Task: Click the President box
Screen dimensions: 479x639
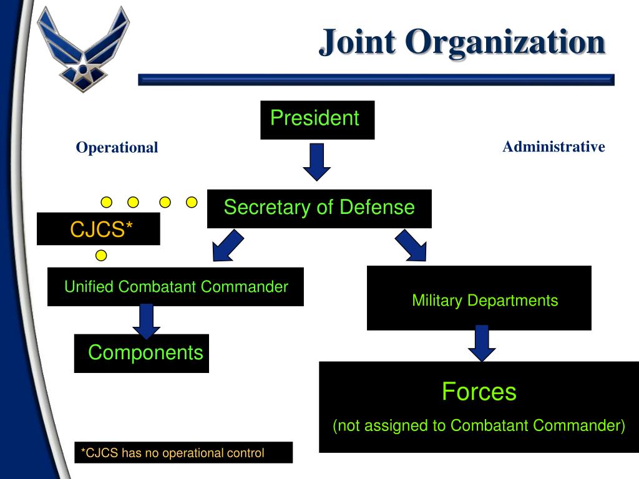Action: (317, 120)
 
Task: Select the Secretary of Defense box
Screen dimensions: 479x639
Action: (319, 208)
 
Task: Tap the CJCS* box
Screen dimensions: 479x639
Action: (99, 229)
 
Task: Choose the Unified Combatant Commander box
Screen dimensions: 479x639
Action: (175, 287)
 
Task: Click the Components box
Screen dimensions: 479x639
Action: (142, 353)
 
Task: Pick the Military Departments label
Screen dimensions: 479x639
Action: (485, 301)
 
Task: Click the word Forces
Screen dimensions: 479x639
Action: (479, 392)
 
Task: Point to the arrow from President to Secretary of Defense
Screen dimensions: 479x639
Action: (317, 161)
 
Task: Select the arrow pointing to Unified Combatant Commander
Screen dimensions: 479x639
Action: (226, 245)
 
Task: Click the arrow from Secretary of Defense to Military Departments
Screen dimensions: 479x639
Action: (411, 245)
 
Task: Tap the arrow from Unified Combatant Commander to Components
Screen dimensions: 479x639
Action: (147, 321)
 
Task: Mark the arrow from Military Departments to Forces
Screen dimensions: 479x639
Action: (482, 343)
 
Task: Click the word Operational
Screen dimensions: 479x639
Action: (117, 148)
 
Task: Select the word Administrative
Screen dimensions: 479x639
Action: (554, 147)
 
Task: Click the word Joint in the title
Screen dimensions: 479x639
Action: (357, 42)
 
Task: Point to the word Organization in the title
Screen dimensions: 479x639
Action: (505, 42)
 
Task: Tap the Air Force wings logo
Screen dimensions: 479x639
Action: (82, 48)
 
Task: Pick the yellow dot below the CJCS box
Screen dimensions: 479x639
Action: (101, 255)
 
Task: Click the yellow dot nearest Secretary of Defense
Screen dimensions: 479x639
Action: (192, 202)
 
